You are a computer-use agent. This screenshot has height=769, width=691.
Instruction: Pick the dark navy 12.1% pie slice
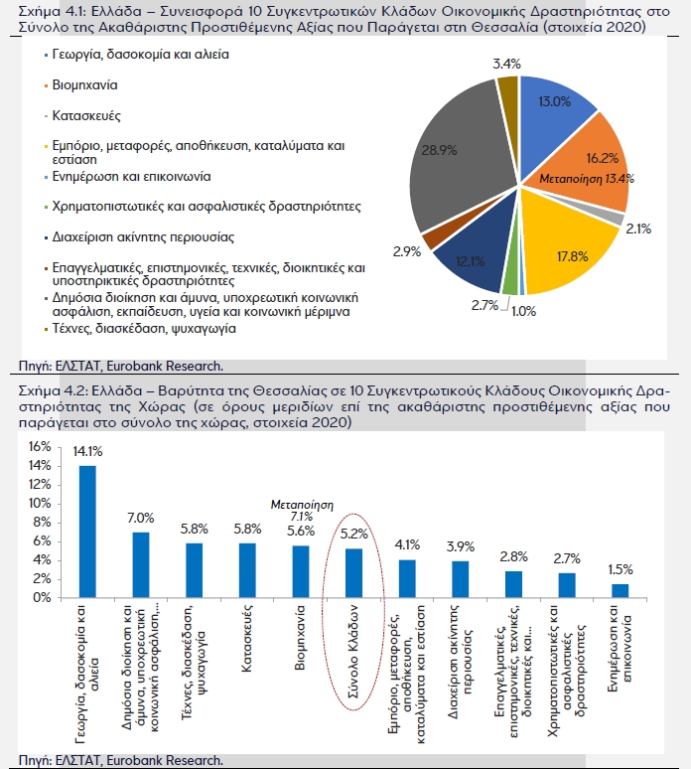click(x=473, y=255)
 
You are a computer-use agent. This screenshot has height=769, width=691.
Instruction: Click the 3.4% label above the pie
click(x=506, y=64)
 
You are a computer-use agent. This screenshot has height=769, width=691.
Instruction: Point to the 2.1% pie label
click(x=638, y=229)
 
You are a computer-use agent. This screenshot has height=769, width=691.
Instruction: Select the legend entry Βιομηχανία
click(x=84, y=85)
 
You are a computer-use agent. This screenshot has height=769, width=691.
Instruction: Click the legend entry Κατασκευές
click(x=86, y=115)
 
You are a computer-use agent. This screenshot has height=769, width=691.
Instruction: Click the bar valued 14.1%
click(x=87, y=532)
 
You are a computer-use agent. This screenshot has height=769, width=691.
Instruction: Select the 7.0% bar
click(x=141, y=565)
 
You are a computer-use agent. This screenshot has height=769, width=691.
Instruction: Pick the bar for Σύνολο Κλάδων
click(x=353, y=573)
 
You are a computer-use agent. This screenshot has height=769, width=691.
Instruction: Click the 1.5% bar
click(x=620, y=591)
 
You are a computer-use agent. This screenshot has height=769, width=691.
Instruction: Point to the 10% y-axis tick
click(x=40, y=503)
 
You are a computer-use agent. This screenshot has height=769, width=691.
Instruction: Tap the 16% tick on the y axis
click(x=40, y=446)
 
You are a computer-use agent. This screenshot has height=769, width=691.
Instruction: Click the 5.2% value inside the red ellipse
click(x=353, y=534)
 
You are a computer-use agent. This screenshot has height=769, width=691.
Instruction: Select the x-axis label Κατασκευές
click(x=247, y=639)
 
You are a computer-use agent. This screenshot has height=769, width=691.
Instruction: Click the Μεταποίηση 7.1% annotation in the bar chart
click(x=302, y=511)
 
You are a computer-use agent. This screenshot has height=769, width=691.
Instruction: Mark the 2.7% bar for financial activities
click(x=567, y=585)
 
